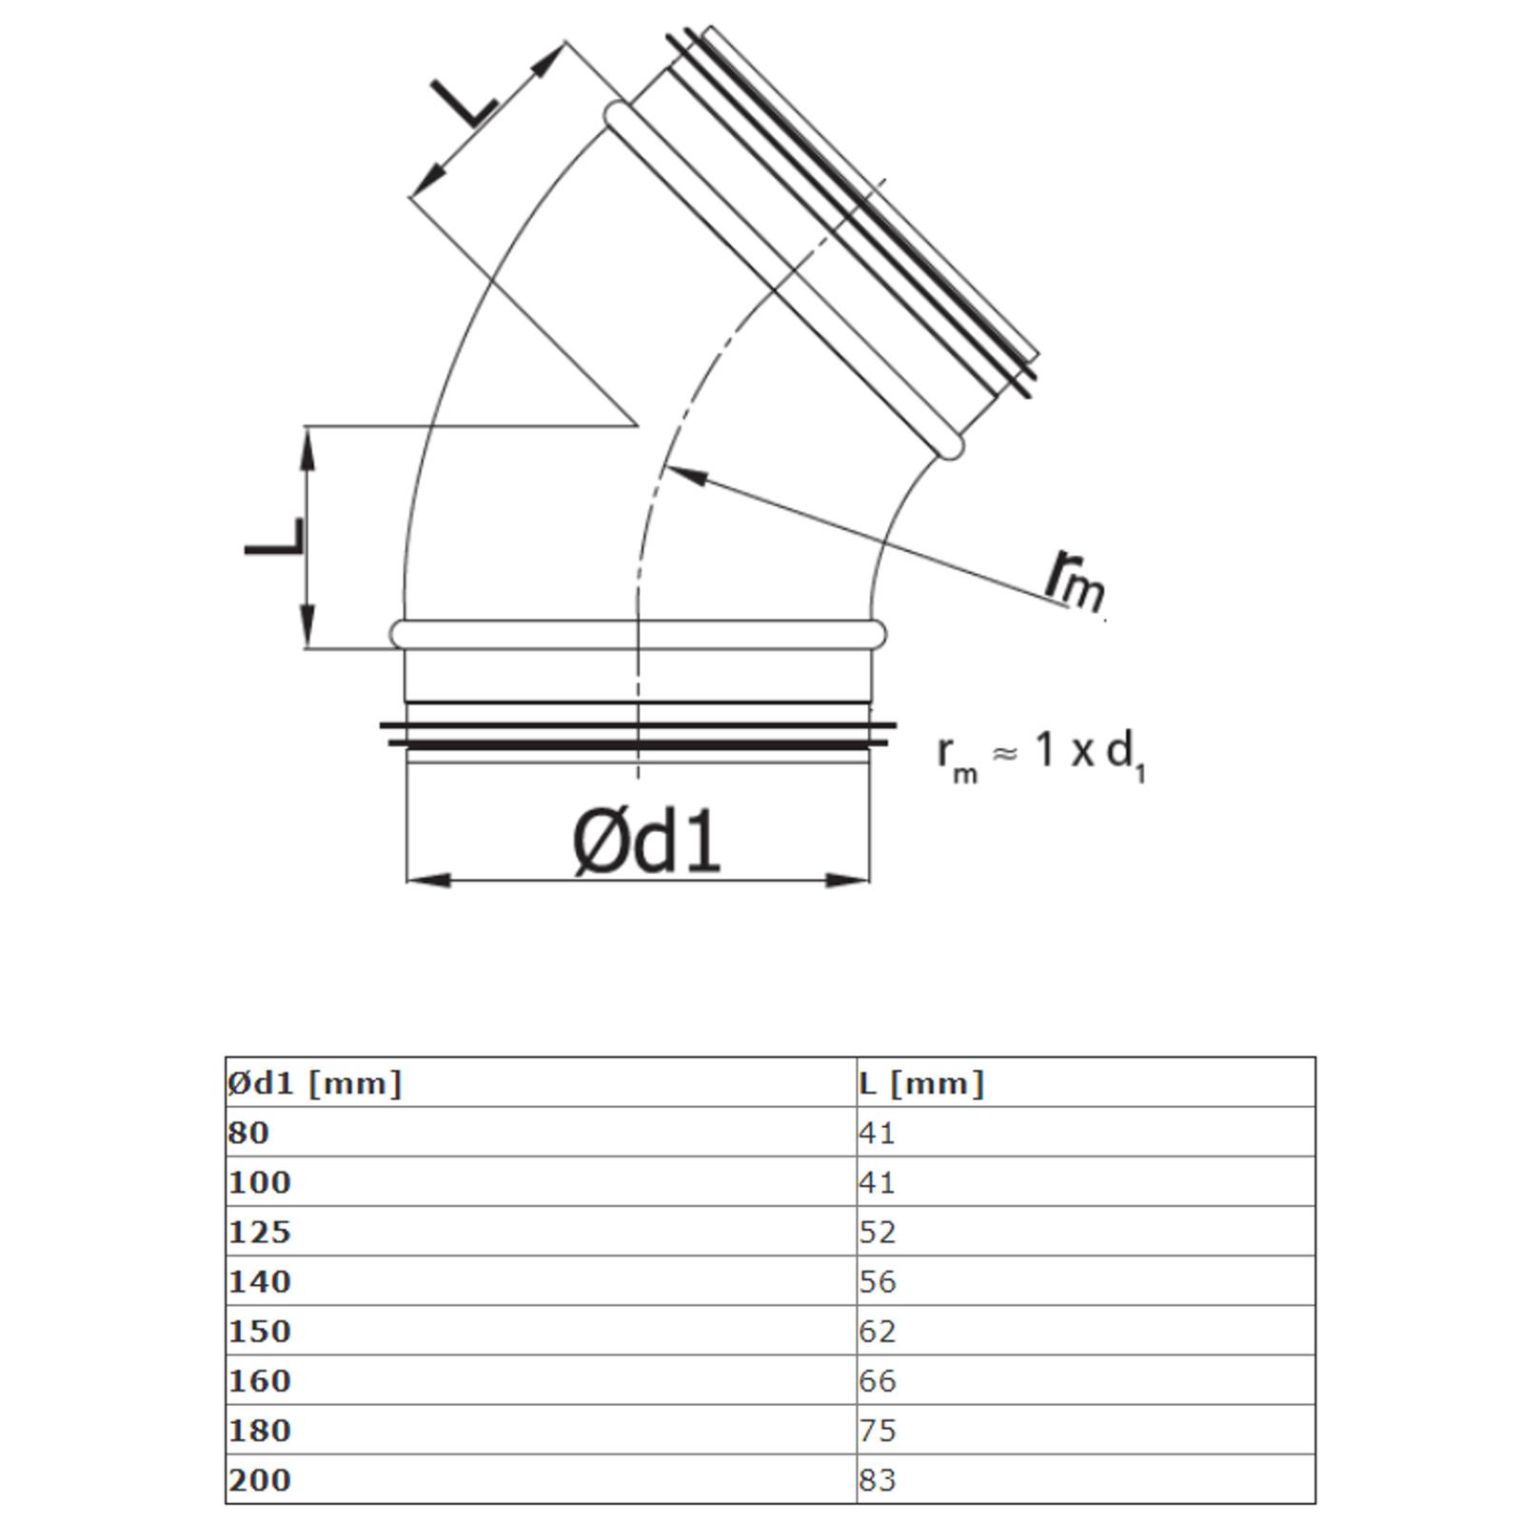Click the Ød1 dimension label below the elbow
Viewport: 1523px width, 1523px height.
646,841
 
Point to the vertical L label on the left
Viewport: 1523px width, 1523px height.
276,538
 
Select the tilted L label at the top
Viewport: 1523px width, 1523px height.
465,101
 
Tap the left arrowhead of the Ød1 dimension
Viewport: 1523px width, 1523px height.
428,880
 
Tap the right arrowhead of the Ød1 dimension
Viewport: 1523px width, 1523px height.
848,880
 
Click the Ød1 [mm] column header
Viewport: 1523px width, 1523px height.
315,1083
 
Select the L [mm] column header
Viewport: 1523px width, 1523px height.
920,1083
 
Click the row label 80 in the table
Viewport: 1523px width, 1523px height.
248,1133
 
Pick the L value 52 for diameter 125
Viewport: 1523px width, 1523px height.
877,1232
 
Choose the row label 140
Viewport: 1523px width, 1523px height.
259,1281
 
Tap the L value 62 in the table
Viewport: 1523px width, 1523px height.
877,1331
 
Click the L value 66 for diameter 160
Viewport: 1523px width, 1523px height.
877,1380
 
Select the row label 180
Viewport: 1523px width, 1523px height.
259,1430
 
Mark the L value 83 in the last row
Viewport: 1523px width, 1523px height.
877,1479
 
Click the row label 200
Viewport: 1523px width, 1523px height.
259,1479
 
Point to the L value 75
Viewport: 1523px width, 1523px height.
877,1430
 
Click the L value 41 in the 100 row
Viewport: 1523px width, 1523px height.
877,1182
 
